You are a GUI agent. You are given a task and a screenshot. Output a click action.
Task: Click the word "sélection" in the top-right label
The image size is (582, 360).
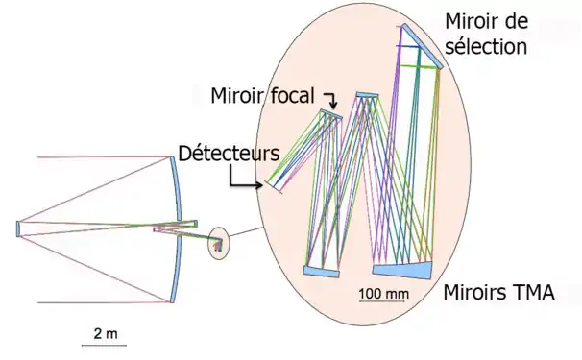(488, 45)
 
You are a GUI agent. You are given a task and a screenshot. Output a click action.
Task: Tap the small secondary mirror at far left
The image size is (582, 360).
(18, 228)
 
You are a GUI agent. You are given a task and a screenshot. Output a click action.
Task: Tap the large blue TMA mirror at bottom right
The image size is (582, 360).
(401, 270)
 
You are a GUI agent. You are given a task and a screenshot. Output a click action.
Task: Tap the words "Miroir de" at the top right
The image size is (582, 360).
(485, 21)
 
